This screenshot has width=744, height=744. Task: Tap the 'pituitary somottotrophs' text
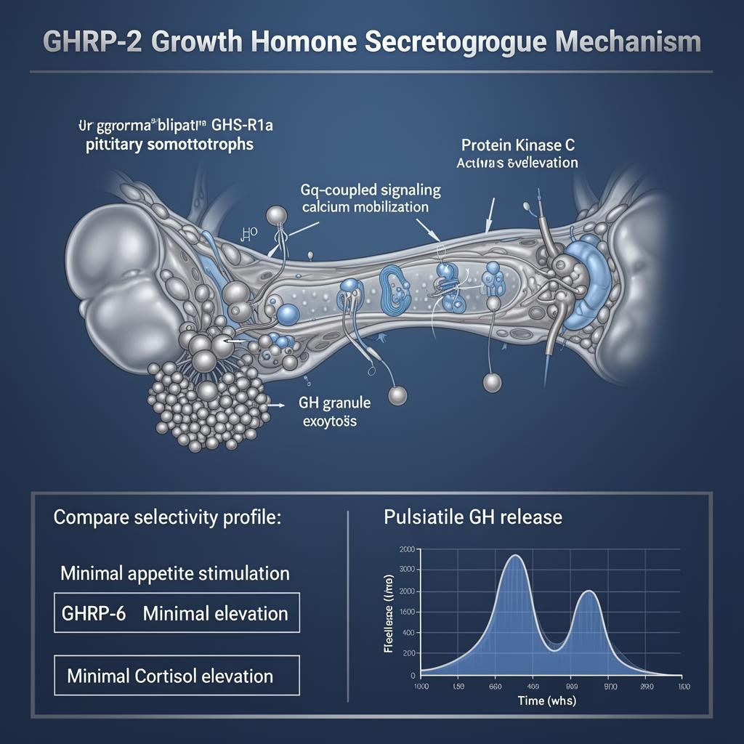(x=167, y=144)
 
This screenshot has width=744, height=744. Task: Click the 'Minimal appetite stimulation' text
(x=174, y=573)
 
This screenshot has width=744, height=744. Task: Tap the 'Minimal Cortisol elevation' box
(x=177, y=676)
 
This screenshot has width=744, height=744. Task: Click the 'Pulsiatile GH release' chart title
(x=473, y=517)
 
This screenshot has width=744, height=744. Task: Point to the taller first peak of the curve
(x=515, y=556)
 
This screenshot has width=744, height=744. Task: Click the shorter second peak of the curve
(x=589, y=591)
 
